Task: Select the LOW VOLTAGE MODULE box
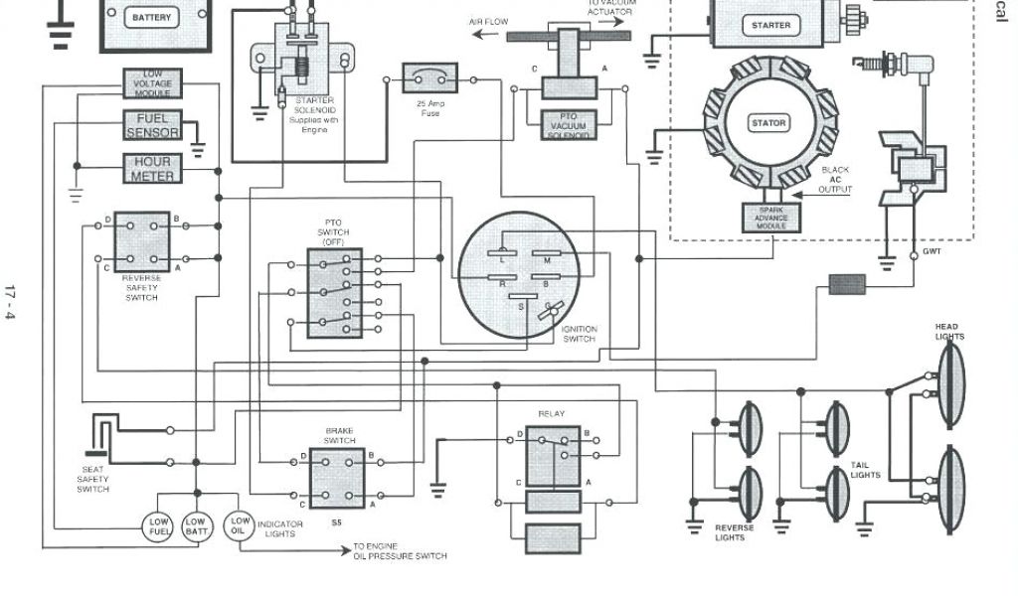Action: [x=152, y=83]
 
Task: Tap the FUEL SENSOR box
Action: [x=152, y=125]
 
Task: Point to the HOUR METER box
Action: [x=152, y=168]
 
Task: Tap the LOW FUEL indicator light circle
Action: [x=160, y=525]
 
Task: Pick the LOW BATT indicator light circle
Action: [x=196, y=525]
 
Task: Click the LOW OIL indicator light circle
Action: [x=240, y=523]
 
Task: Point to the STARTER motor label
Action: [x=771, y=25]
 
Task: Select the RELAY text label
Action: [x=552, y=413]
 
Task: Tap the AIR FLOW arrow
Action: [x=486, y=33]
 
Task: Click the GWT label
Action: [x=932, y=251]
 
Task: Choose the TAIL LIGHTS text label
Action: [x=865, y=470]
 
